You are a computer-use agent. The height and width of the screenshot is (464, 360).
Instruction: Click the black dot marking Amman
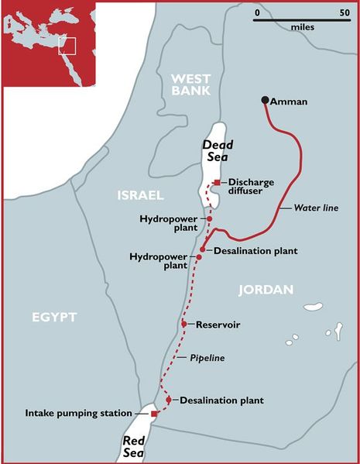265,100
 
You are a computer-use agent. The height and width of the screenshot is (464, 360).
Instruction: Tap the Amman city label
291,101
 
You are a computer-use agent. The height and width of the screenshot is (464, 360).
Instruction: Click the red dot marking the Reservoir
184,324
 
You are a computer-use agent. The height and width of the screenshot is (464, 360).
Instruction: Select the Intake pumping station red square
154,414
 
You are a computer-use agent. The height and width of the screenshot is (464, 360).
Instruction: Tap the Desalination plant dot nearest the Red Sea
169,400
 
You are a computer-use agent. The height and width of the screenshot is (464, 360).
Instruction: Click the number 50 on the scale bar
344,13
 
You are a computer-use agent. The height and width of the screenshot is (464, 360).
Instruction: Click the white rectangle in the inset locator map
68,44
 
